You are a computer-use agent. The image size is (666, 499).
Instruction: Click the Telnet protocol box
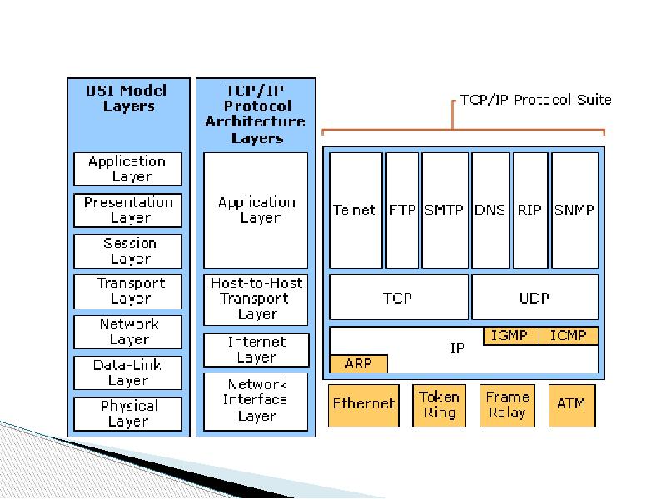click(x=355, y=210)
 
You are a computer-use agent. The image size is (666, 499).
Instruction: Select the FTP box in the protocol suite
click(x=403, y=210)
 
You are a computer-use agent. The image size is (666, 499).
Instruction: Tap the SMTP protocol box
click(x=445, y=210)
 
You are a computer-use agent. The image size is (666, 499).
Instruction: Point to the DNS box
click(x=490, y=210)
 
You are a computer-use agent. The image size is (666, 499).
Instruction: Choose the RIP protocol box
click(x=529, y=210)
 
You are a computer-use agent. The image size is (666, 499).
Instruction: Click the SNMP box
click(x=574, y=210)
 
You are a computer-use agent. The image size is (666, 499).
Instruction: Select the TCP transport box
click(x=398, y=297)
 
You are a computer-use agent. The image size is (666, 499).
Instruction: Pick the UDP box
click(x=534, y=297)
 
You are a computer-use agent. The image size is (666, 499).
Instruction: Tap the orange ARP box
click(x=359, y=363)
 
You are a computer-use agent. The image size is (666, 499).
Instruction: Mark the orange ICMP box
click(x=569, y=336)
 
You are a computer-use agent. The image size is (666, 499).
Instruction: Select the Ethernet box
click(x=363, y=404)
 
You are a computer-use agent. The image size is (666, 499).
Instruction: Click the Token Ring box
click(x=439, y=404)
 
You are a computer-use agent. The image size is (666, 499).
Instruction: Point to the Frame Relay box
click(x=507, y=404)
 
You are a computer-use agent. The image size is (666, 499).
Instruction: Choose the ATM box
click(x=571, y=404)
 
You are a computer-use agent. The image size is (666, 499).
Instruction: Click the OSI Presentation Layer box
click(x=128, y=210)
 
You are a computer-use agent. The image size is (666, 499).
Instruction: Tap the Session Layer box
click(x=128, y=251)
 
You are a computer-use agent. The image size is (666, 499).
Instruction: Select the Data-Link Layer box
click(x=128, y=373)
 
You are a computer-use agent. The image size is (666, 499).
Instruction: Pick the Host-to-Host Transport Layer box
click(x=256, y=299)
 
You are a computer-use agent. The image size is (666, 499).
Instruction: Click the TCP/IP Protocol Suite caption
click(x=536, y=100)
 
